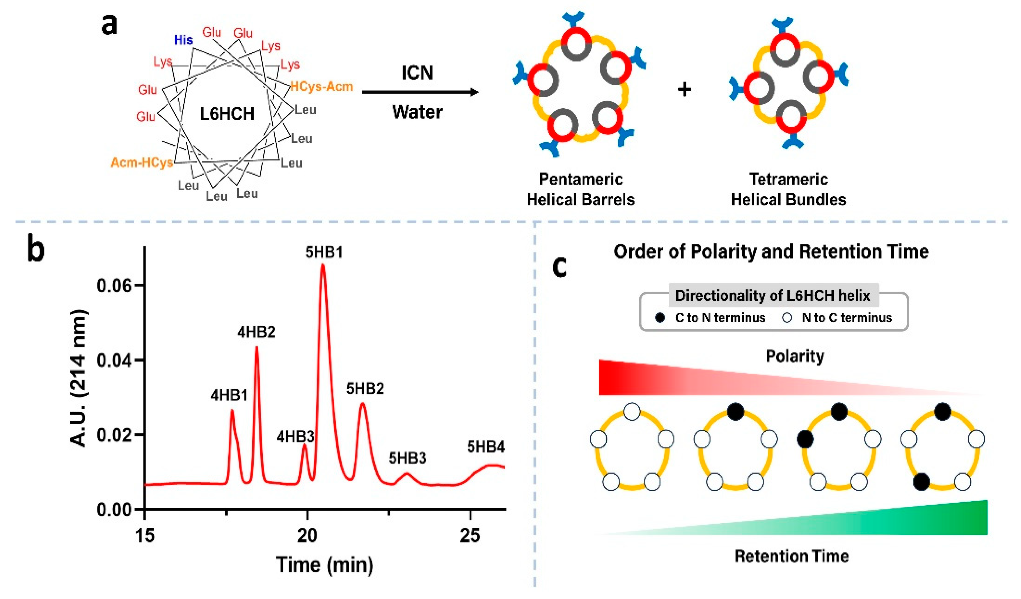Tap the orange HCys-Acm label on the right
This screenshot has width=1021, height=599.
click(x=322, y=86)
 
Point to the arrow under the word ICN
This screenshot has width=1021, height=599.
click(x=419, y=92)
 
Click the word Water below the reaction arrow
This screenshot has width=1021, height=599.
click(x=417, y=112)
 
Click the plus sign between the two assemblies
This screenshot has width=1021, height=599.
click(x=684, y=89)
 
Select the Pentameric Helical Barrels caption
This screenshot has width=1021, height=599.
click(x=581, y=189)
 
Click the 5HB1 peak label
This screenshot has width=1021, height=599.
click(x=324, y=252)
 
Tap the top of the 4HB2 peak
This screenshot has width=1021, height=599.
click(x=256, y=348)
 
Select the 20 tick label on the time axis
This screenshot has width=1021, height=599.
click(x=307, y=536)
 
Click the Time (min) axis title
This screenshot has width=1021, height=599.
click(x=325, y=564)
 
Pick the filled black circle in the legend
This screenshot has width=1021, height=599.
click(x=660, y=318)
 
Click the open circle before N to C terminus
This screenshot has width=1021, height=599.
click(x=787, y=318)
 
